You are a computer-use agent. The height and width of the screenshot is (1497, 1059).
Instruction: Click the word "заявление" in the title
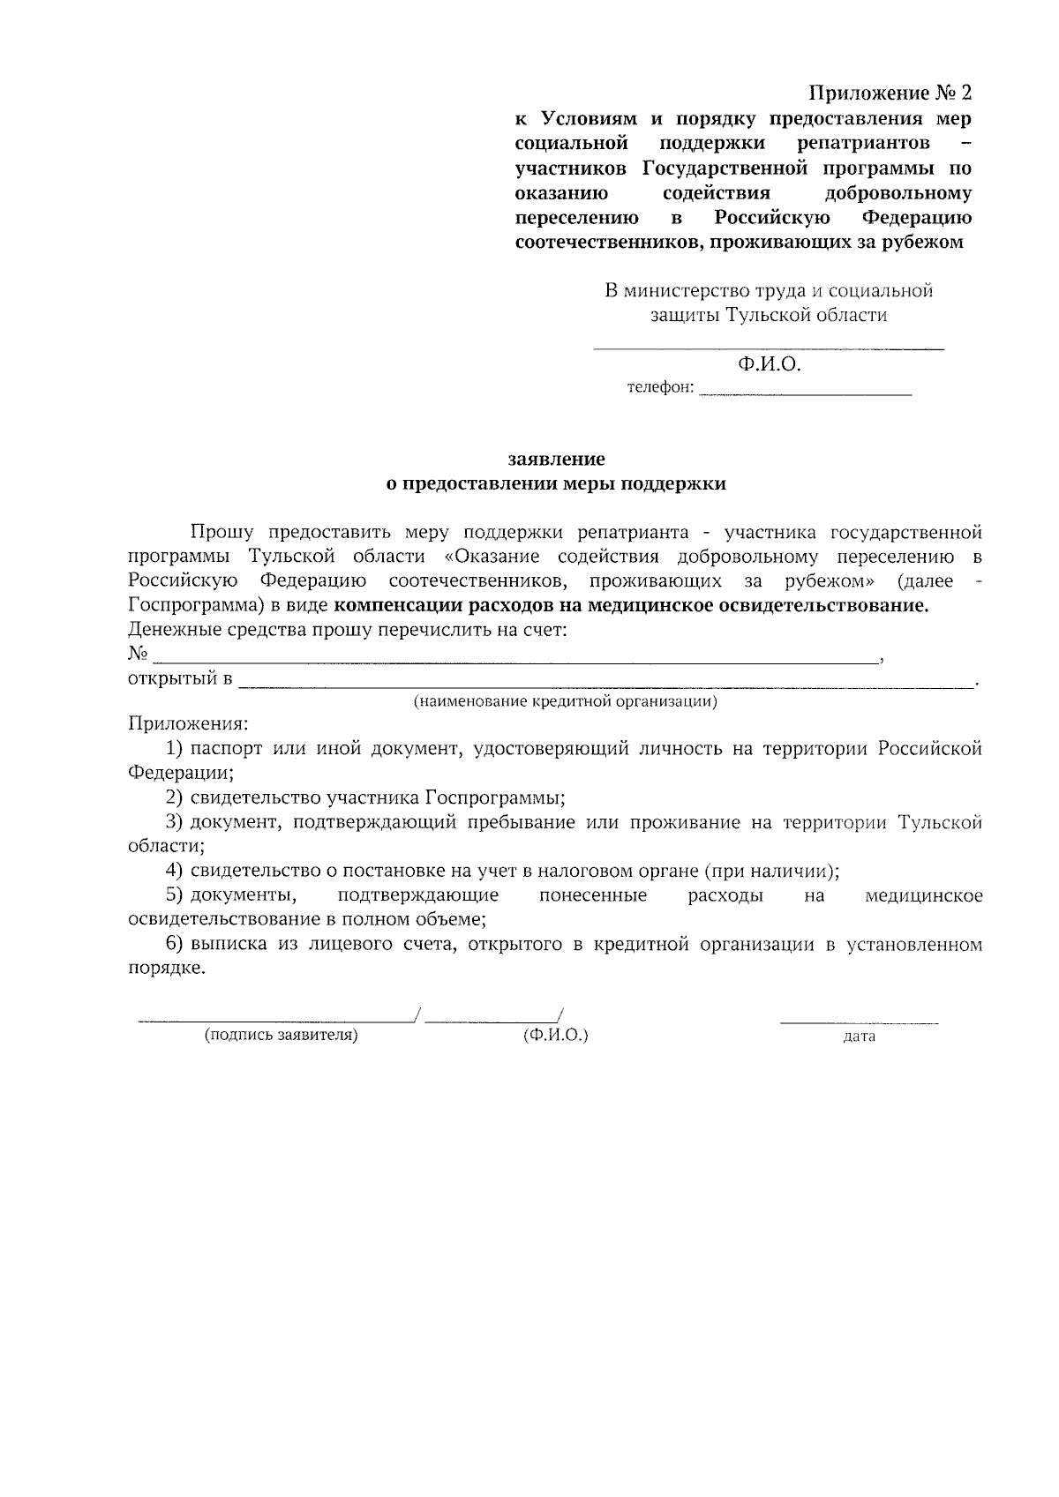(556, 459)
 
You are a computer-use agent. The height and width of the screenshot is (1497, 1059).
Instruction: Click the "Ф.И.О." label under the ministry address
(769, 363)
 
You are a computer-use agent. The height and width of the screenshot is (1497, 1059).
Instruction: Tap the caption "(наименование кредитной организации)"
(565, 702)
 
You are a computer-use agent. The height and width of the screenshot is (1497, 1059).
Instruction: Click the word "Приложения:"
(188, 724)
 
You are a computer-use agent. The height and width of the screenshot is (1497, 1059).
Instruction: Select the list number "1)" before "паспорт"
(174, 749)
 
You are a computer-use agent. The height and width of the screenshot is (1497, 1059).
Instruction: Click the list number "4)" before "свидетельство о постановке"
(174, 872)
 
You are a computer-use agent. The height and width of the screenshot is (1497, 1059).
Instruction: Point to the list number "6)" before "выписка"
(174, 945)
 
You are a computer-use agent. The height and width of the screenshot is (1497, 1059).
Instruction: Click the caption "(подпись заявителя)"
(281, 1036)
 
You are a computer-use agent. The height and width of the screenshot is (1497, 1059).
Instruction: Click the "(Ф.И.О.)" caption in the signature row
(555, 1036)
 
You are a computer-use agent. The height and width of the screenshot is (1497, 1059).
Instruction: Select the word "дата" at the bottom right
(859, 1037)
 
